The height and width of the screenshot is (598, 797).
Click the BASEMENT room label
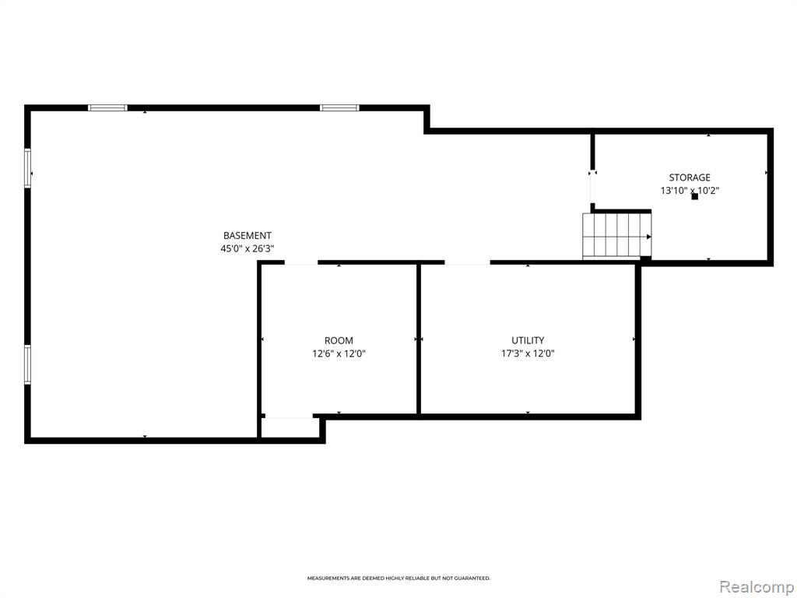247,235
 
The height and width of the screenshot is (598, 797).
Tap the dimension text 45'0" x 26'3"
247,248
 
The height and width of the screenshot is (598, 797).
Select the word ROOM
339,341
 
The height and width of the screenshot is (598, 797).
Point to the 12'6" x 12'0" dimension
339,354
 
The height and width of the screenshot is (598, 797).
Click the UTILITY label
528,340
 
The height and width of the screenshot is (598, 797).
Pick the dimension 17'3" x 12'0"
528,354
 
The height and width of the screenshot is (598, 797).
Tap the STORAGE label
690,178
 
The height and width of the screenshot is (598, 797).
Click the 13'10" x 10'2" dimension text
690,191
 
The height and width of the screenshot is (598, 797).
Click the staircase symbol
616,236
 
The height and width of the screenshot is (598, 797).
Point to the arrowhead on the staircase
648,237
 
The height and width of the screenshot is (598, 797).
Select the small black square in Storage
695,196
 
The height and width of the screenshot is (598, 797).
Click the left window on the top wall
107,107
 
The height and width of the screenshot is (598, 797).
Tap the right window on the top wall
339,107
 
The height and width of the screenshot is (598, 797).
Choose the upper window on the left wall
28,168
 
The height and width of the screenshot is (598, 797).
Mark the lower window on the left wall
28,364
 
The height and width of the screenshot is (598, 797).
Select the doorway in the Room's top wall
301,262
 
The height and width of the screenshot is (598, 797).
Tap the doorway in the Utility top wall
468,262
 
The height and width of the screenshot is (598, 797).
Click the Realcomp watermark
755,587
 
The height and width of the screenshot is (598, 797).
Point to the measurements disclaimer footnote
398,579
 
